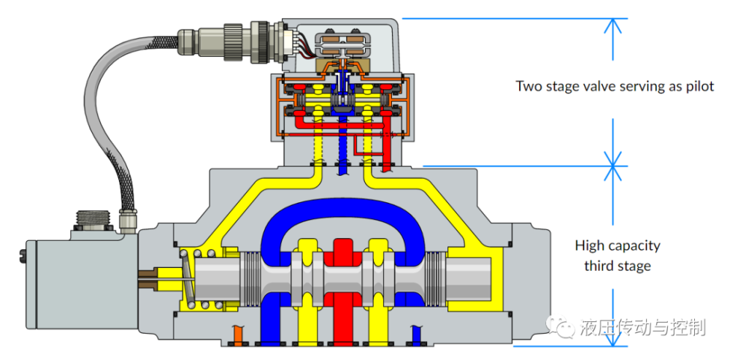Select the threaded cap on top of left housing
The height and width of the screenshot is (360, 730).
point(96,220)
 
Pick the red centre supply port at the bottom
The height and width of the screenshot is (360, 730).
point(342,321)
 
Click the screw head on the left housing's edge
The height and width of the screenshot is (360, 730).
point(20,255)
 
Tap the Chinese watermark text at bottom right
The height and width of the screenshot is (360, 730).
point(642,328)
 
